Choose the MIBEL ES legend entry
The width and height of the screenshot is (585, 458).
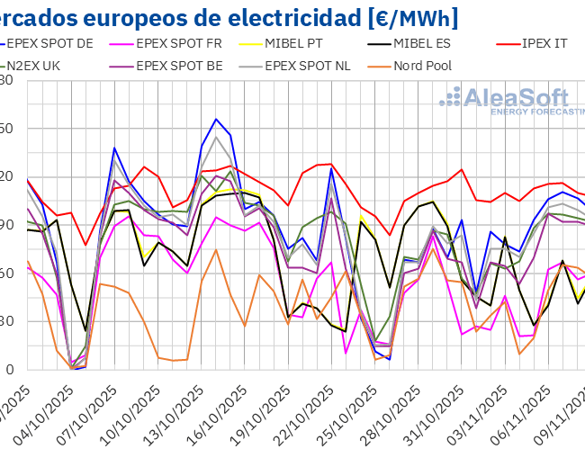pos(414,42)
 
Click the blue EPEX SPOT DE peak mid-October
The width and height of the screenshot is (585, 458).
pos(216,119)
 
